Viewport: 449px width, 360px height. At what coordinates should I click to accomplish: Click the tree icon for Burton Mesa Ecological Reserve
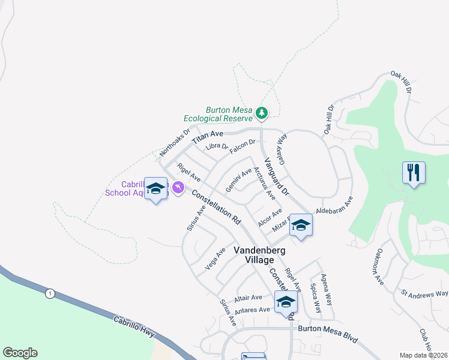[x=261, y=112]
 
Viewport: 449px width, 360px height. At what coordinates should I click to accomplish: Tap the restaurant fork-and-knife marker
[x=414, y=173]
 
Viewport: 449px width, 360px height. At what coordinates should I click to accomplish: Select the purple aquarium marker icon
[x=178, y=188]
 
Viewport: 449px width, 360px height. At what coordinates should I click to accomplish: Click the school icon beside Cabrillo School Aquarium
[x=156, y=189]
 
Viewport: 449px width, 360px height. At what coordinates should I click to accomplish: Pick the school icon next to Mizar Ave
[x=300, y=226]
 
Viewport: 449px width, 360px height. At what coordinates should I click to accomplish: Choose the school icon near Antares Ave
[x=286, y=302]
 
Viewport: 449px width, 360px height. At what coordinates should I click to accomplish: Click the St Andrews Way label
[x=424, y=293]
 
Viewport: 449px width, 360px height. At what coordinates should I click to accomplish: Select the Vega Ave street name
[x=215, y=258]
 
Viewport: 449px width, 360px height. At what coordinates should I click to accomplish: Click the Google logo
[x=20, y=353]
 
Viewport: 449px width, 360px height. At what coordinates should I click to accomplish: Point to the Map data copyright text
[x=423, y=355]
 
